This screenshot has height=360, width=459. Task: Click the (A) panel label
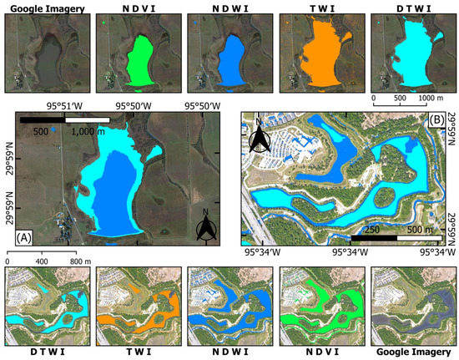(23, 236)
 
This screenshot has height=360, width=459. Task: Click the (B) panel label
(435, 119)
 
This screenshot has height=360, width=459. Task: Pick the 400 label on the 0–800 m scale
(40, 261)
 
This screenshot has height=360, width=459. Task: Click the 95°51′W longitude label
(63, 106)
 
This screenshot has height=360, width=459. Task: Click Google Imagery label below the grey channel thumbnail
(408, 352)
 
